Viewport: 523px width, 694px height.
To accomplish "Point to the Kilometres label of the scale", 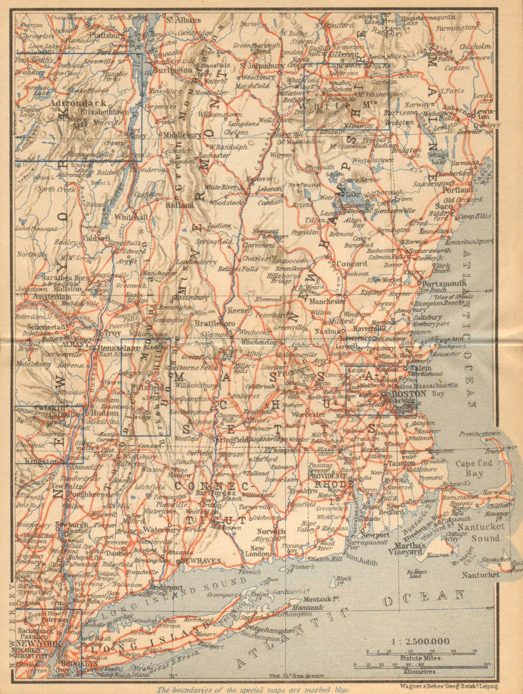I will point(420,670).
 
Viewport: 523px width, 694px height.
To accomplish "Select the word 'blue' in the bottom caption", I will point(338,689).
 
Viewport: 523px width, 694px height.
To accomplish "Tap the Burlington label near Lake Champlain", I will point(176,70).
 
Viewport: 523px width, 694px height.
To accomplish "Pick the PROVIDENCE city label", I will point(328,477).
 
